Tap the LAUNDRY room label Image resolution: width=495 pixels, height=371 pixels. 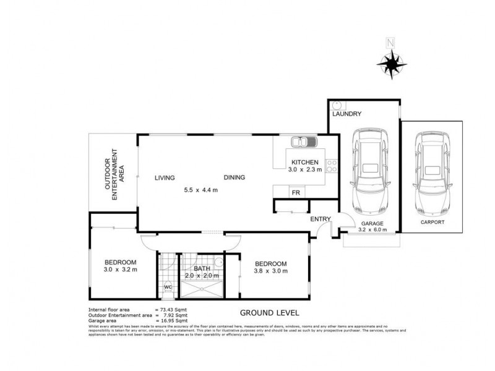(346, 114)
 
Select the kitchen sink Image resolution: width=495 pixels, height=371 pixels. (304, 143)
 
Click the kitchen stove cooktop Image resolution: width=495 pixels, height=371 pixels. (332, 166)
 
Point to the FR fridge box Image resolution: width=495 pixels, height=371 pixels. (296, 192)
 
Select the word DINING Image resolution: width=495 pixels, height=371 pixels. (235, 177)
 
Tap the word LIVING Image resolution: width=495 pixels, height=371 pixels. (165, 177)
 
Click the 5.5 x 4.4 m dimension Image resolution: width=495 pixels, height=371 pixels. (200, 190)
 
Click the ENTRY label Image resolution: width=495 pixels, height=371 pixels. (321, 218)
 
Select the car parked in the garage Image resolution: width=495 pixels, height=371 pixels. (368, 170)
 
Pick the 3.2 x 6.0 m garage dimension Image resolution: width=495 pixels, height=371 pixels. (372, 230)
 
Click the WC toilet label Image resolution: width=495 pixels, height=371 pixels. (167, 287)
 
